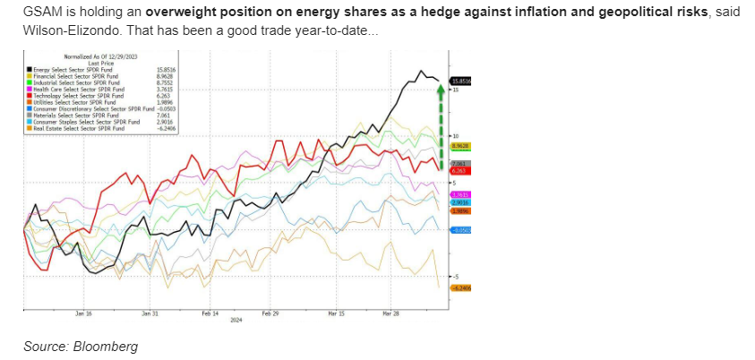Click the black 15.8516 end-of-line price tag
click(x=461, y=81)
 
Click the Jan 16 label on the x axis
click(x=83, y=313)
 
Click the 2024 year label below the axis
click(x=236, y=320)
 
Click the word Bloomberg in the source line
click(x=107, y=346)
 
